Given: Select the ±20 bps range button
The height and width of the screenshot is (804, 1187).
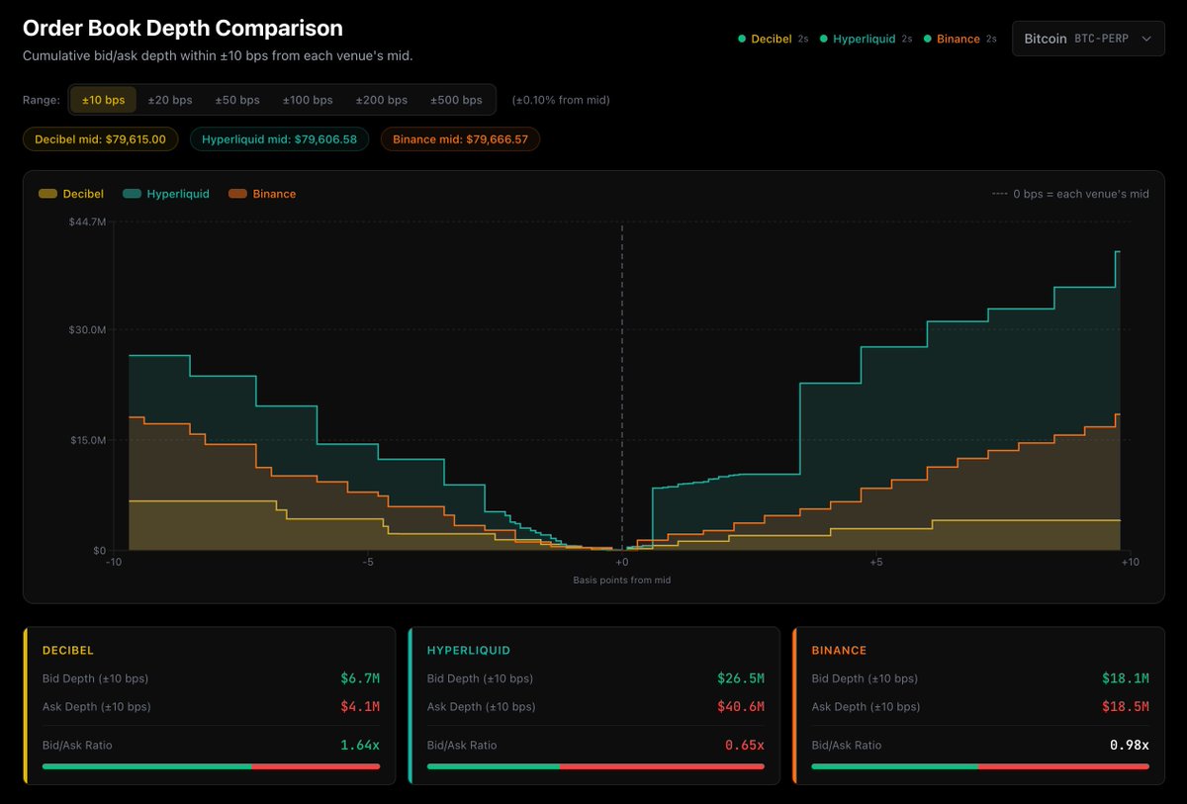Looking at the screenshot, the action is (x=169, y=100).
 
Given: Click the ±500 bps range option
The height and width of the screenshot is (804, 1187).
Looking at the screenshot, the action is (x=456, y=100).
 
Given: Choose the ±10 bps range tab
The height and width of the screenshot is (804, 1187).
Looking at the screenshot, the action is (x=103, y=100).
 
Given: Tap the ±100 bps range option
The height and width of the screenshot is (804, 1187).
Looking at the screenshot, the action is (x=308, y=100).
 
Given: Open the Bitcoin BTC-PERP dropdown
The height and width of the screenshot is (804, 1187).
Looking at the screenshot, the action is (x=1088, y=39).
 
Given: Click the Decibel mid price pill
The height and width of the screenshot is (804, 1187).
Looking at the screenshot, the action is (x=100, y=139).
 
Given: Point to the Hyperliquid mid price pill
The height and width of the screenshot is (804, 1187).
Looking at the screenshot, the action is (x=279, y=139).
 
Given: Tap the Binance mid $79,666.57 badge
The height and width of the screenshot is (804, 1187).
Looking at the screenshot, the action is (x=460, y=139).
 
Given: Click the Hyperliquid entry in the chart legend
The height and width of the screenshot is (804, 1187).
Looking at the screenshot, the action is (x=166, y=194).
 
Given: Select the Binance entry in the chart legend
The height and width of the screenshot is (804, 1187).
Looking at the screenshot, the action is (x=262, y=194).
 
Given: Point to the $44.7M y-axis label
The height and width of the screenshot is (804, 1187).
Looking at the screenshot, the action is (x=87, y=222).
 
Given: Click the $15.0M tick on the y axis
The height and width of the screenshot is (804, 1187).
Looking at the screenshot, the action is (x=88, y=440).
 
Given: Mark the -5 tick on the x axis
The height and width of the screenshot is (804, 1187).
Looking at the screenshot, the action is (x=368, y=562).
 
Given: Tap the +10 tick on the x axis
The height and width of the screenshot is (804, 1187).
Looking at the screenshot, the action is (x=1130, y=562).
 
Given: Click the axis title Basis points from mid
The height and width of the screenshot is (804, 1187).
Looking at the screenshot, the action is (x=621, y=580).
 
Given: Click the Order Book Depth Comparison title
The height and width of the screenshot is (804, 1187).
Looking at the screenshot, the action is (x=183, y=28).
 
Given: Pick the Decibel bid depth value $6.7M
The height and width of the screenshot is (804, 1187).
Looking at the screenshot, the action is (x=360, y=678).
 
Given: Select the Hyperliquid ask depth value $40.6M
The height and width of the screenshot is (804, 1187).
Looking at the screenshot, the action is (x=740, y=706).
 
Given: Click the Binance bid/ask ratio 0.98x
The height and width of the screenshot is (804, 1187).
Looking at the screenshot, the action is (x=1130, y=746).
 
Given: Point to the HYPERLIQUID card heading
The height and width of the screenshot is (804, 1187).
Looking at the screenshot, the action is (x=469, y=651).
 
